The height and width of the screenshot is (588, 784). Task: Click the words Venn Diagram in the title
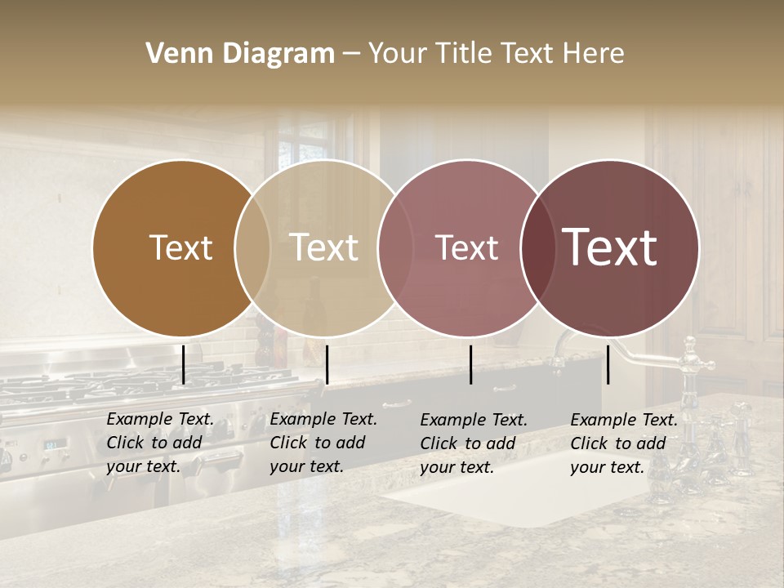[240, 54]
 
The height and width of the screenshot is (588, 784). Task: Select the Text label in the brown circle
[180, 248]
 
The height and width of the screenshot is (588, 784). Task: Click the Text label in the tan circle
[324, 248]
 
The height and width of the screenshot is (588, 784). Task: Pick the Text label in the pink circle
[466, 248]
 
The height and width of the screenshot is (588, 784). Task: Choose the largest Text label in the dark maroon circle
[610, 247]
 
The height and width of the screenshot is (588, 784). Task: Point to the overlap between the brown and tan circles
[252, 248]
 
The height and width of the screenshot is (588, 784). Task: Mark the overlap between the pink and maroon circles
[537, 248]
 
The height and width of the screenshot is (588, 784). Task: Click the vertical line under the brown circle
[183, 364]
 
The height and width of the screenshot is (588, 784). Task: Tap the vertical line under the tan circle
[327, 364]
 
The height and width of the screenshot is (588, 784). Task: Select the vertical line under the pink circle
[470, 364]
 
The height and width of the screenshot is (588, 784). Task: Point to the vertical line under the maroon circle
[608, 364]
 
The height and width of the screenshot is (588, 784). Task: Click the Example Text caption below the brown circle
[160, 443]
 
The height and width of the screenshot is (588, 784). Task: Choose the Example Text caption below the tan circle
[323, 443]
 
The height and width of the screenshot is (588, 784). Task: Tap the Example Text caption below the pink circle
[474, 443]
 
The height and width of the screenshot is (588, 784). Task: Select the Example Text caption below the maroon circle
[624, 443]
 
